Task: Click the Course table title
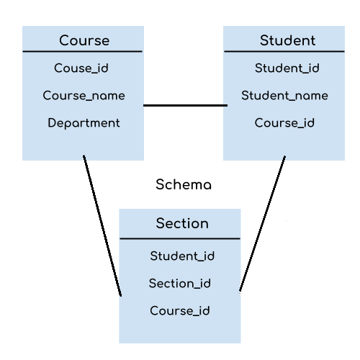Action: tap(84, 40)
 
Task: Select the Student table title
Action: tap(287, 40)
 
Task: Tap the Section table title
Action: tap(182, 223)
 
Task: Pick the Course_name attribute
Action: tap(84, 96)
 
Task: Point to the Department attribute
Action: tap(84, 123)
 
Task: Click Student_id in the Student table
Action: tap(287, 68)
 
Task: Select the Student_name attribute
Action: tap(284, 96)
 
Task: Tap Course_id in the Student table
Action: tap(284, 123)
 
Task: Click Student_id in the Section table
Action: tap(182, 256)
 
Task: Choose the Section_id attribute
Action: tap(180, 283)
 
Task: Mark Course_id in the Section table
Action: tap(180, 311)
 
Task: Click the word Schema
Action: tap(184, 185)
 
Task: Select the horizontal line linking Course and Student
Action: tap(184, 106)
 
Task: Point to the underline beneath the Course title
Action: tap(83, 52)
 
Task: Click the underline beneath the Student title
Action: tap(284, 52)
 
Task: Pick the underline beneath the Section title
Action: tap(180, 238)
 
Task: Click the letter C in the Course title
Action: tap(64, 40)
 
